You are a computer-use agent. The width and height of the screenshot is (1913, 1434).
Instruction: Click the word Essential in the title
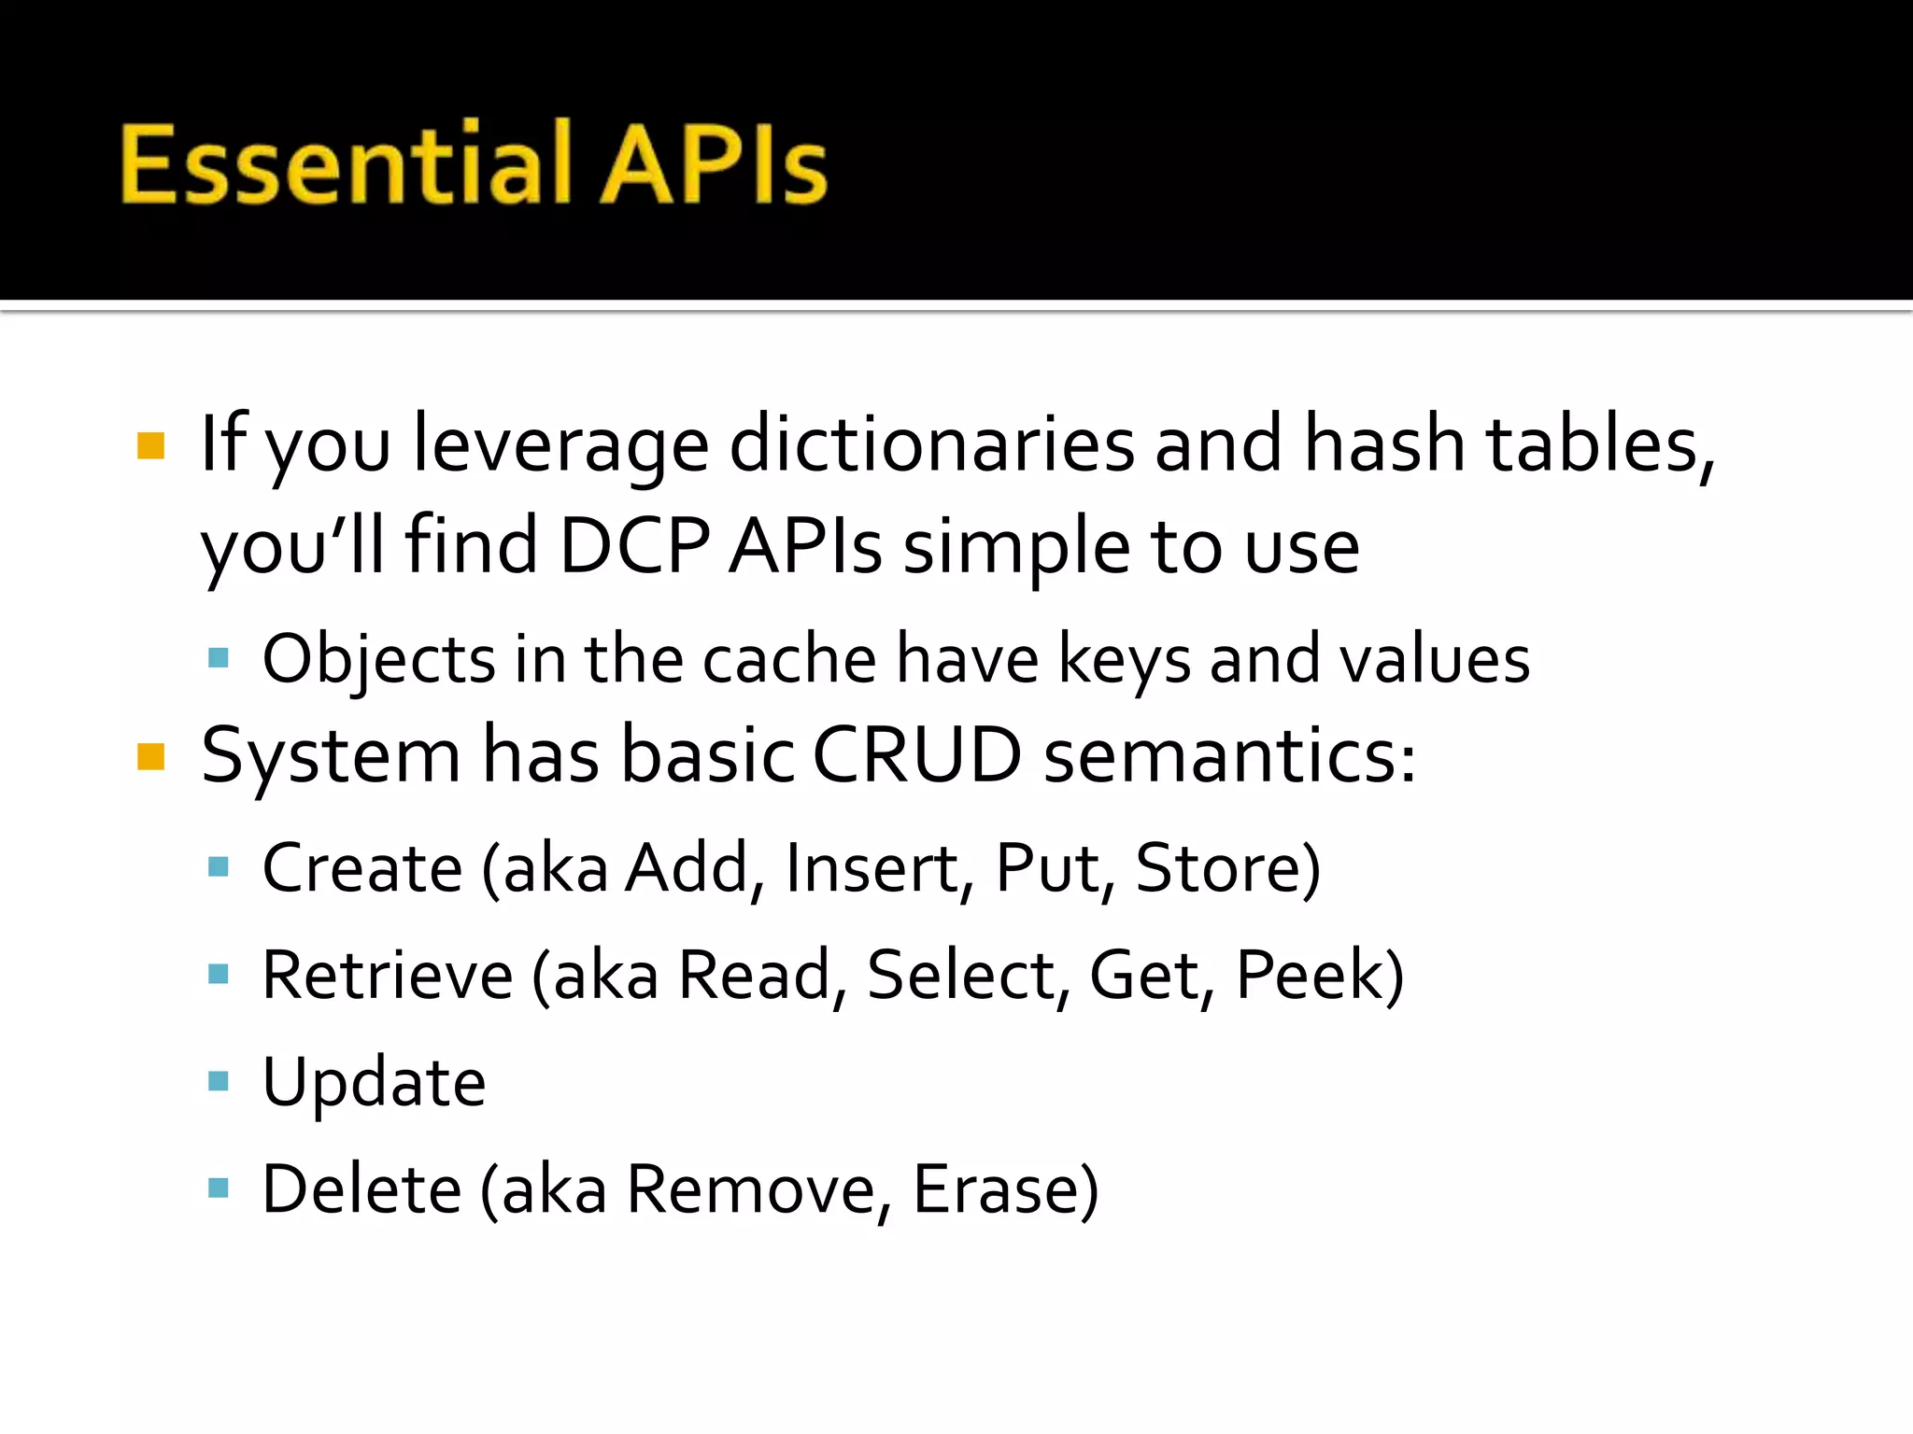[346, 163]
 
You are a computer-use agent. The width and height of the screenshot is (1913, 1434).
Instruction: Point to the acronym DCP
[634, 545]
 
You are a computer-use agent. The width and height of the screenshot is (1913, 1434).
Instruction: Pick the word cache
[789, 659]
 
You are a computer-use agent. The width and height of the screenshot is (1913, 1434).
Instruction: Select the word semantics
[1228, 756]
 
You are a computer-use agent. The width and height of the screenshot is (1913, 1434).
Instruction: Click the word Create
[362, 868]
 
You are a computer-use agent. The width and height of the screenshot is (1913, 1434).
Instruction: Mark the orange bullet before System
[150, 756]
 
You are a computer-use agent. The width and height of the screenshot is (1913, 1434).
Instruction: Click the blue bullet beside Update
[219, 1082]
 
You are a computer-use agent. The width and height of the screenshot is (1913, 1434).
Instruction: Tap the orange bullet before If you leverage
[150, 445]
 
